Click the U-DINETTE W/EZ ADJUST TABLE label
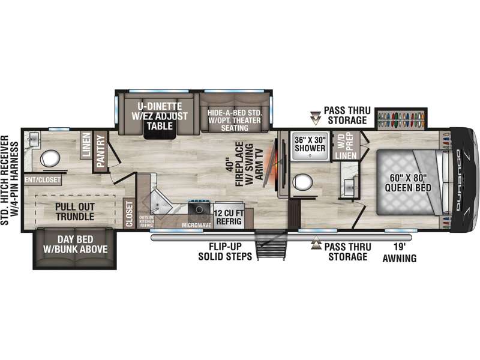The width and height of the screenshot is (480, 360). pos(160,116)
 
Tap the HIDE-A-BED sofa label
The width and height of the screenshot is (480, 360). pos(235,120)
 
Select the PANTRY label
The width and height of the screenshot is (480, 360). pos(101,151)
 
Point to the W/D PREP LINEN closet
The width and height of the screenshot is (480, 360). pos(346,146)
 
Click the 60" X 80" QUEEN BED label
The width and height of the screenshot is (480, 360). pos(408,182)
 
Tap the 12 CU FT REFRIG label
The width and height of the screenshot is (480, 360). pos(229,217)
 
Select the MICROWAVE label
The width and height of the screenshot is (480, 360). pos(197,226)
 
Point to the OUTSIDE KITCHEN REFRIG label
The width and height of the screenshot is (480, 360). pos(146,221)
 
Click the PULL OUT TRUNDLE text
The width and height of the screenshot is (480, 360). pos(74,212)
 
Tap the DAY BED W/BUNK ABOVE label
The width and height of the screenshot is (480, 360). pos(76,244)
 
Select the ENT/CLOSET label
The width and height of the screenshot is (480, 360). pos(43,179)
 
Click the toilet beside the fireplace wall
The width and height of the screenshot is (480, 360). pos(302,182)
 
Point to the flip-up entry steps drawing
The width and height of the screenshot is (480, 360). pos(271,244)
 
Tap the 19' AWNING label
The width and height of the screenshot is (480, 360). pos(400,253)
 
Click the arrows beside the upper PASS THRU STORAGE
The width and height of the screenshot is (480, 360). pos(315,118)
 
